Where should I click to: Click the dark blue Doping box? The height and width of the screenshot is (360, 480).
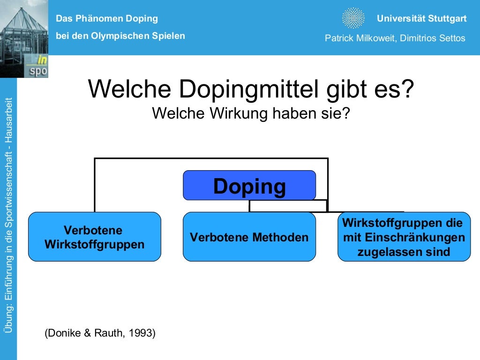pyautogui.click(x=249, y=185)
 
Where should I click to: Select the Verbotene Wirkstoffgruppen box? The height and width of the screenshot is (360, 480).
pyautogui.click(x=94, y=237)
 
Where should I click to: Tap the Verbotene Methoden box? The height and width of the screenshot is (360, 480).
pyautogui.click(x=249, y=237)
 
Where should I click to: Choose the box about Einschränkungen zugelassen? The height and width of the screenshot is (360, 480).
pyautogui.click(x=404, y=237)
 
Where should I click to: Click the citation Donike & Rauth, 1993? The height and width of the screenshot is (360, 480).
pyautogui.click(x=100, y=333)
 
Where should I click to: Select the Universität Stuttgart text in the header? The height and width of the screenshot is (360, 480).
pyautogui.click(x=421, y=19)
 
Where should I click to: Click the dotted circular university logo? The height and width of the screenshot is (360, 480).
pyautogui.click(x=353, y=19)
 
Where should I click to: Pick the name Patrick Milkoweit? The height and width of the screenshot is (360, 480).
pyautogui.click(x=360, y=38)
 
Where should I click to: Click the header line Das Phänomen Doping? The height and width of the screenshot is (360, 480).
pyautogui.click(x=107, y=19)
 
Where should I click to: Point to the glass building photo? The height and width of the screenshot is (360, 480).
pyautogui.click(x=23, y=37)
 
